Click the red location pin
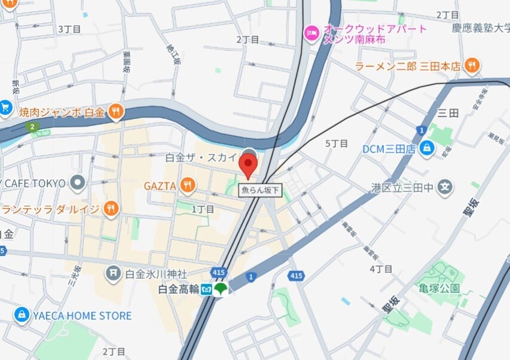(248, 164)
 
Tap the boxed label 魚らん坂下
(260, 190)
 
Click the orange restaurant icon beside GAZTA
(188, 186)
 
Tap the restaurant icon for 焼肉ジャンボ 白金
(116, 111)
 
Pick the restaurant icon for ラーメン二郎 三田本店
(472, 66)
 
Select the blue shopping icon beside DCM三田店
(427, 149)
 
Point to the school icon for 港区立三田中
(445, 188)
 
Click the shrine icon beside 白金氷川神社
(113, 274)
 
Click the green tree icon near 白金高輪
(221, 289)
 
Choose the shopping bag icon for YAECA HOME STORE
(22, 315)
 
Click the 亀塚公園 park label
(439, 288)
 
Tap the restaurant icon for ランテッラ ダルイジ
(111, 209)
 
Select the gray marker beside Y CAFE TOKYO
(77, 182)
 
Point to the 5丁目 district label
(336, 144)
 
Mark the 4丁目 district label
(381, 269)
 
